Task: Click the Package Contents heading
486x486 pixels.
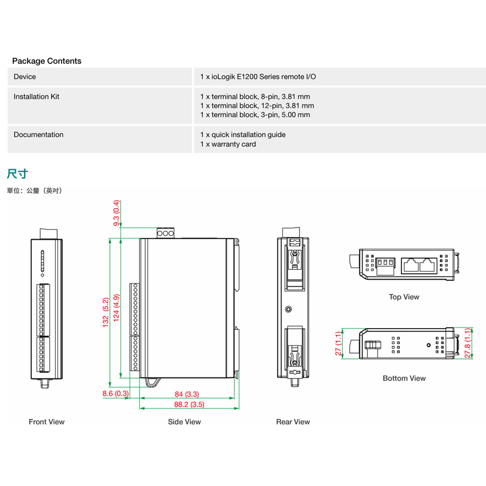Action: (47, 61)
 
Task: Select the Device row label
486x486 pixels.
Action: (25, 77)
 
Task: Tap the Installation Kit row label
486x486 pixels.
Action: (36, 97)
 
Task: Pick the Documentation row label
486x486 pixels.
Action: (38, 135)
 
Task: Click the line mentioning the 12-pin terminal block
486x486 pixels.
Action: (257, 105)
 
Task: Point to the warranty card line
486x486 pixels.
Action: (228, 144)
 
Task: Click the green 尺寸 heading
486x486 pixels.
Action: (17, 174)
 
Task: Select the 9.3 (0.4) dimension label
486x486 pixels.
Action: (116, 213)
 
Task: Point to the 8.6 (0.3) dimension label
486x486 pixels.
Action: (116, 394)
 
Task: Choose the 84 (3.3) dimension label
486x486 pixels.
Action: (187, 394)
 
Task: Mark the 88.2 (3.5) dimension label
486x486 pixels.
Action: (189, 404)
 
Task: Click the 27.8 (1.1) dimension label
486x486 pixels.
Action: (468, 344)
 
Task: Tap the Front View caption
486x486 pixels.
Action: (47, 422)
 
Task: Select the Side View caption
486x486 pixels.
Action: (184, 422)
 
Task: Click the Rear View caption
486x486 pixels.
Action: (293, 422)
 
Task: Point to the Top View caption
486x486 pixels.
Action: (404, 297)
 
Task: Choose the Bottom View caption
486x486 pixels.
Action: (404, 378)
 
